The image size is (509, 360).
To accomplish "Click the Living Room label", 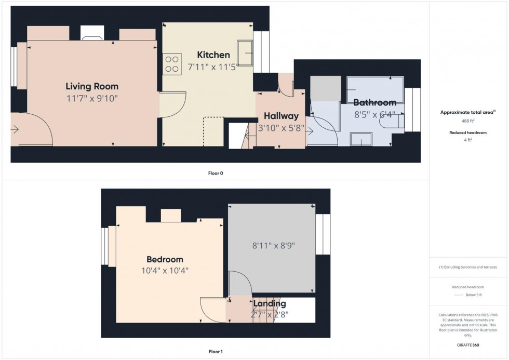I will pos(92,86).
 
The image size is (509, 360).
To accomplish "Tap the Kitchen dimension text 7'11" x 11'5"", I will pos(213,66).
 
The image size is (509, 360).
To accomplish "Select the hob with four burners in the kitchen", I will pos(172,64).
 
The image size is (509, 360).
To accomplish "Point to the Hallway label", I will pos(281,116).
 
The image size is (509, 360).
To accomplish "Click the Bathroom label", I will pos(375,102).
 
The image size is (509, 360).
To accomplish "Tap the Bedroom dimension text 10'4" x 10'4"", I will pos(164,270).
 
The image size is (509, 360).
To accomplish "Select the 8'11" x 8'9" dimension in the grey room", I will pos(272,245).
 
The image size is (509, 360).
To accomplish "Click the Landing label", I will pos(270,303).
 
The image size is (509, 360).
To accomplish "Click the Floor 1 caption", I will pos(215,352).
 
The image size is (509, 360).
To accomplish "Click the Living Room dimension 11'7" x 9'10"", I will pos(92,98).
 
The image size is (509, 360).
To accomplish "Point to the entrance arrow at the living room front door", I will pos(16,129).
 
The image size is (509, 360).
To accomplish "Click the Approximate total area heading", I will pos(467,112).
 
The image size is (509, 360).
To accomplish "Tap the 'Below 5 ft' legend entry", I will pos(474,295).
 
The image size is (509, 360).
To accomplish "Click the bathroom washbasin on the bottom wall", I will pos(361,139).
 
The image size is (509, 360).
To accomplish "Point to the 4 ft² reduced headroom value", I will pos(468,140).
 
